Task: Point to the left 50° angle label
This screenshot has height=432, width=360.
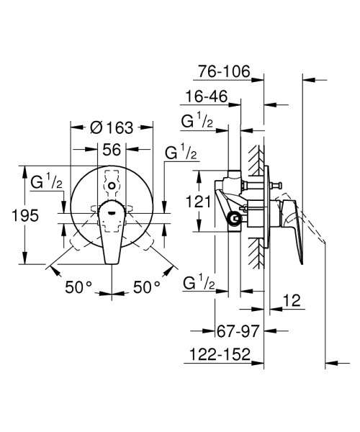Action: [80, 287]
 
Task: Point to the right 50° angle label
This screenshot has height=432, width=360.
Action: [147, 287]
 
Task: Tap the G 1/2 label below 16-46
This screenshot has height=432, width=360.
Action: [196, 122]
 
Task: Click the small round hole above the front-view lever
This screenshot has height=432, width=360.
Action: [111, 186]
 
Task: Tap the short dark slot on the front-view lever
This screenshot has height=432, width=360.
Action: [111, 212]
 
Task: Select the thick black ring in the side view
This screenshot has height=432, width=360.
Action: [233, 220]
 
